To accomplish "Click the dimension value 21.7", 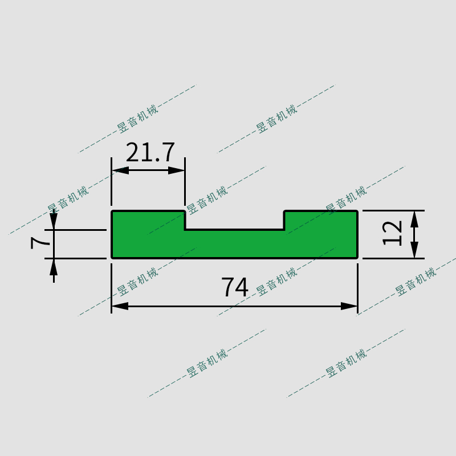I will pyautogui.click(x=150, y=153).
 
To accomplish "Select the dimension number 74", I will pyautogui.click(x=235, y=288).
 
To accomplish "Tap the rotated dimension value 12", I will pyautogui.click(x=393, y=233).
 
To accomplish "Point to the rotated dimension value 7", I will pyautogui.click(x=40, y=243).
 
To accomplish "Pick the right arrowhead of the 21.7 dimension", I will pyautogui.click(x=177, y=170).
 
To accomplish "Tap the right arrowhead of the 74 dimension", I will pyautogui.click(x=349, y=306).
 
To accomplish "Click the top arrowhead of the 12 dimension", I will pyautogui.click(x=414, y=219).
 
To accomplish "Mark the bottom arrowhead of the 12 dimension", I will pyautogui.click(x=414, y=250).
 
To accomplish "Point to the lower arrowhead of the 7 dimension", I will pyautogui.click(x=54, y=266).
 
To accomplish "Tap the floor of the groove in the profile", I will pyautogui.click(x=235, y=230).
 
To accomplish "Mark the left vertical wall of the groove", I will pyautogui.click(x=185, y=221).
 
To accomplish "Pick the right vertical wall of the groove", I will pyautogui.click(x=284, y=221).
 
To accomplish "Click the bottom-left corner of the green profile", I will pyautogui.click(x=112, y=258).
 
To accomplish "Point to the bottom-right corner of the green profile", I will pyautogui.click(x=357, y=258).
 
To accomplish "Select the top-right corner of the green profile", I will pyautogui.click(x=357, y=211).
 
